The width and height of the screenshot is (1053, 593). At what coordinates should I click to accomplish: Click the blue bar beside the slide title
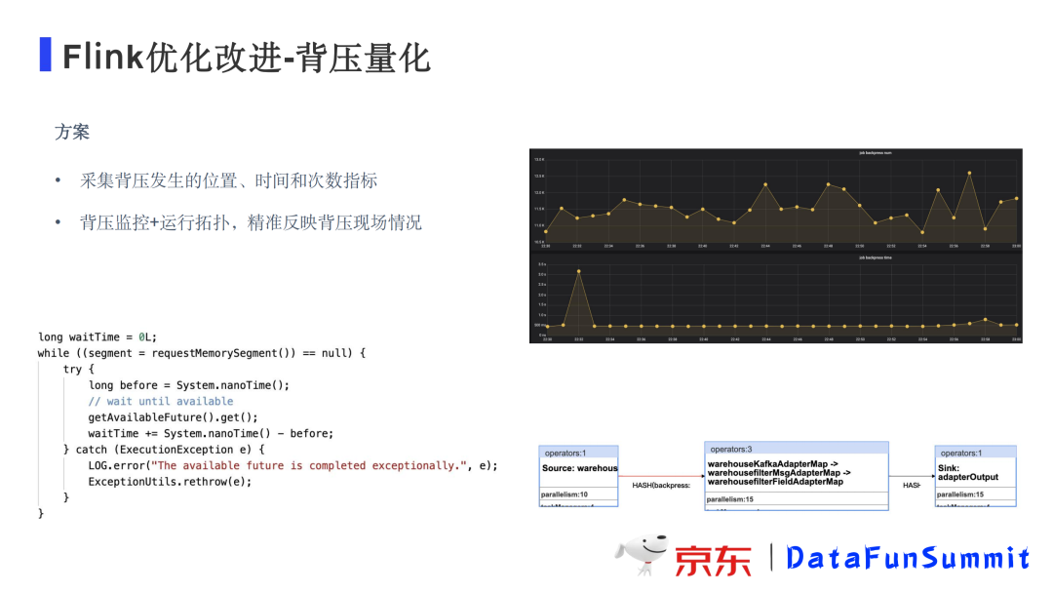tap(45, 56)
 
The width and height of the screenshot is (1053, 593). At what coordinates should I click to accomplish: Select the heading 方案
tap(72, 132)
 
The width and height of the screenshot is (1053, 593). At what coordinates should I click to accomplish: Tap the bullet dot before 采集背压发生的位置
tap(58, 181)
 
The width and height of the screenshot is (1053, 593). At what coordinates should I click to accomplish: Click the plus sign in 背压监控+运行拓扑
tap(155, 222)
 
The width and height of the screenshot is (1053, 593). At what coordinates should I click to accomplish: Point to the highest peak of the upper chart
tap(969, 174)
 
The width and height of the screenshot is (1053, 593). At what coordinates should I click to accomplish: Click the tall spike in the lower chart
tap(578, 272)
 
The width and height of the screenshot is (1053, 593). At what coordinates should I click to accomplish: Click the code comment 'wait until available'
tap(161, 401)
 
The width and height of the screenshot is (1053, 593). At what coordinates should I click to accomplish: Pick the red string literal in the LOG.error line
tap(311, 465)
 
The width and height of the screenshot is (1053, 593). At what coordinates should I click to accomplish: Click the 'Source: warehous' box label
tap(580, 468)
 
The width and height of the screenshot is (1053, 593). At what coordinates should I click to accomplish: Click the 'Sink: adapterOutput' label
tap(967, 473)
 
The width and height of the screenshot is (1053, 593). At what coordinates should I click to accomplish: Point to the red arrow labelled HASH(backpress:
tap(661, 476)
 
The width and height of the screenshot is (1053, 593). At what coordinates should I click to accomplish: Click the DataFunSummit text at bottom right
tap(907, 558)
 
